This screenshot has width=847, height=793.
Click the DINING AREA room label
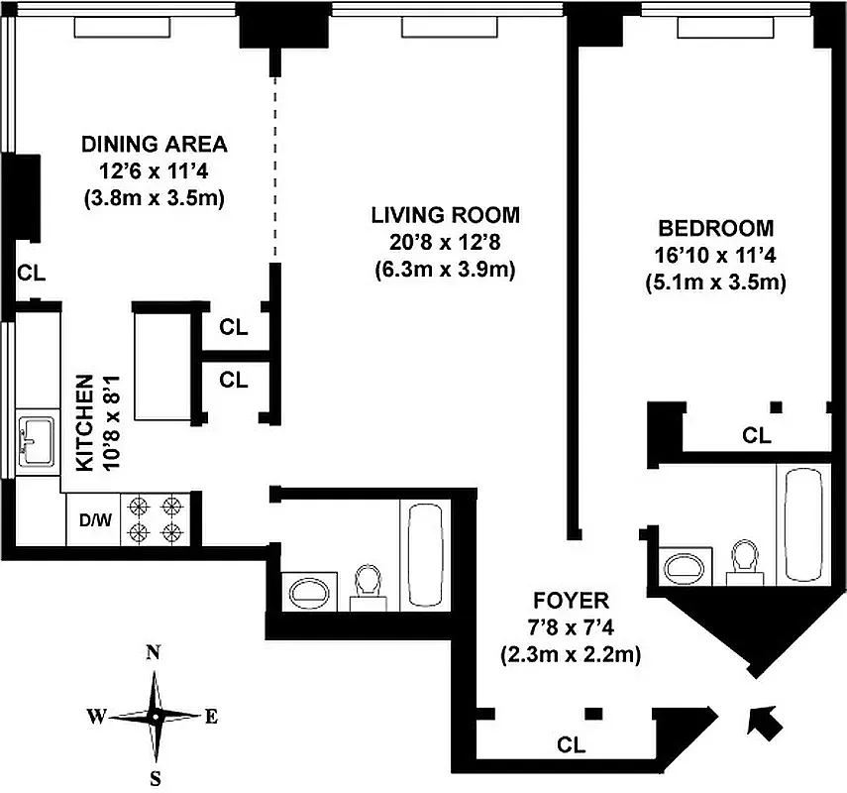pyautogui.click(x=154, y=145)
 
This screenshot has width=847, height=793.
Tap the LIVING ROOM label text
pyautogui.click(x=445, y=215)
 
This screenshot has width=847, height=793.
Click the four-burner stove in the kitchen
pyautogui.click(x=156, y=519)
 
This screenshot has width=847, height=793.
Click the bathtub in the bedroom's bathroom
pyautogui.click(x=805, y=525)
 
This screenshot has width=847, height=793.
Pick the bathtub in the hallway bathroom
pyautogui.click(x=427, y=553)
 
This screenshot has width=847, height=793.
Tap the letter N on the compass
pyautogui.click(x=154, y=652)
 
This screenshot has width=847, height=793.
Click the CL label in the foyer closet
pyautogui.click(x=572, y=743)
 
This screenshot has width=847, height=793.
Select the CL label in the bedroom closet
pyautogui.click(x=756, y=434)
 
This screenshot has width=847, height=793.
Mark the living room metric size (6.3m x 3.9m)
pyautogui.click(x=445, y=269)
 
